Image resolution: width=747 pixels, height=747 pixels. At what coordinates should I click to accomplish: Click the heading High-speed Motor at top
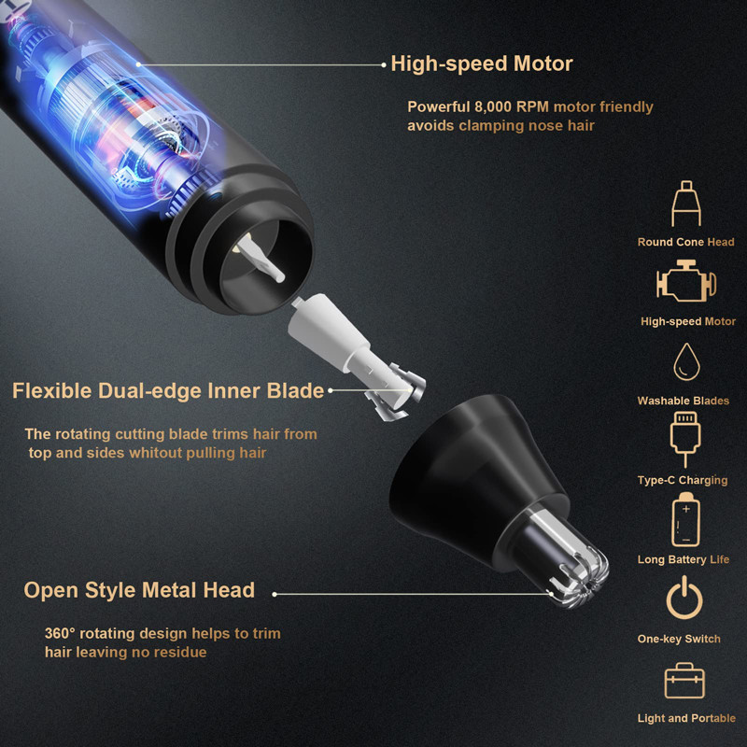click(481, 64)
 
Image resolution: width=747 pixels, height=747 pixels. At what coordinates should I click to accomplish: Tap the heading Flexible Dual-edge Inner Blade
click(168, 390)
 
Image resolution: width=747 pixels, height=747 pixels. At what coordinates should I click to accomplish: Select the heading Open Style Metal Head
click(139, 590)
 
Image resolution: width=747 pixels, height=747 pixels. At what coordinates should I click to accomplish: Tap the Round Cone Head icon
click(686, 204)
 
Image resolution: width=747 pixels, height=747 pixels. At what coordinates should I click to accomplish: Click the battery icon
click(686, 520)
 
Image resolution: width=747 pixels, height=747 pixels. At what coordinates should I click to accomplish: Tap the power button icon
click(686, 599)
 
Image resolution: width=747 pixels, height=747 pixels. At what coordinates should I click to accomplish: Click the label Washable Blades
click(684, 401)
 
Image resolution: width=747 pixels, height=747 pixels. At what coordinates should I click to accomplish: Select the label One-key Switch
click(679, 639)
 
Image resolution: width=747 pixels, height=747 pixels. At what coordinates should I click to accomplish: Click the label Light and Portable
click(687, 718)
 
